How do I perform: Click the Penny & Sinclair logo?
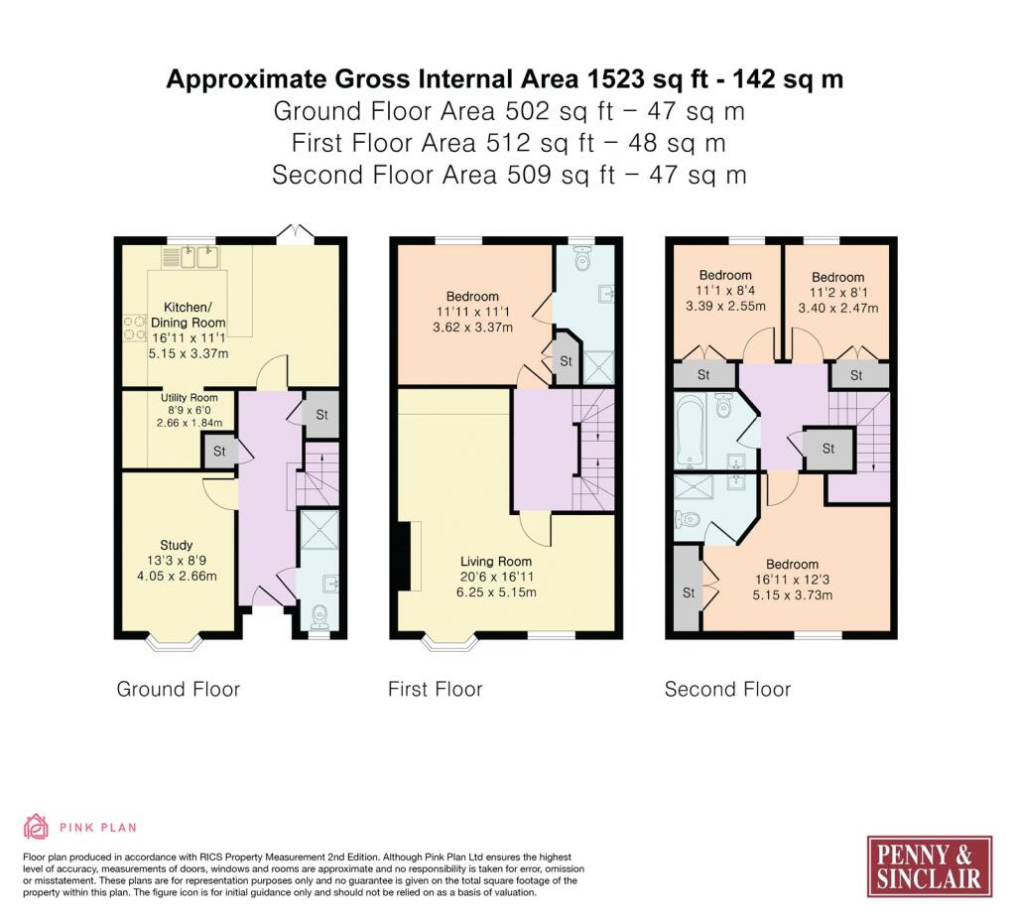(x=929, y=866)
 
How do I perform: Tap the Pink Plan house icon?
(x=36, y=827)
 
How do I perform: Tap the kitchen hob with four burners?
(x=135, y=328)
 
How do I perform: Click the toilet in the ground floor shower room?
(x=319, y=616)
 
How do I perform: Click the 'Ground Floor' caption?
(x=179, y=689)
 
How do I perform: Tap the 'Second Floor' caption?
(x=727, y=689)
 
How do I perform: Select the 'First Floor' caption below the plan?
(x=436, y=689)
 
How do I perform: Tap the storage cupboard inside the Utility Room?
(x=219, y=451)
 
